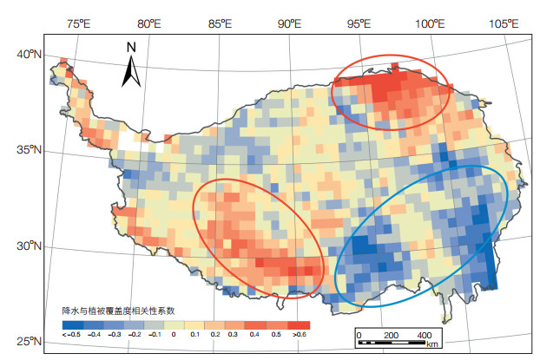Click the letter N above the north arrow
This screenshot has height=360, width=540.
coord(131,46)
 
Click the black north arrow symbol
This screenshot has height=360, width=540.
coord(131,70)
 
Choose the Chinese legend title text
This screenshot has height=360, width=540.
coord(118,310)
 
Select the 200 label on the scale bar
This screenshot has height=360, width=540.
coord(390,334)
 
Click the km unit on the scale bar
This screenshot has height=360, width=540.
coord(432,344)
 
